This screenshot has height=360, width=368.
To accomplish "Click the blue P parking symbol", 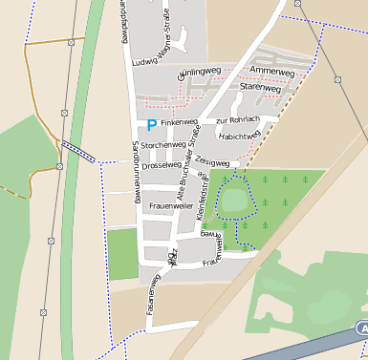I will (150, 124).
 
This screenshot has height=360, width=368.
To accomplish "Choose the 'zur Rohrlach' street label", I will (237, 120).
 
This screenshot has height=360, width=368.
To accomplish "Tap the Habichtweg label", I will (240, 136).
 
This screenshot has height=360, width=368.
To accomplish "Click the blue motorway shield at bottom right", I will (362, 328).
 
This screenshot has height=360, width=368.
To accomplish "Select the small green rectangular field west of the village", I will (122, 254).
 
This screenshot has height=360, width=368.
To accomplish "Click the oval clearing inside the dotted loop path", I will (233, 201).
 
